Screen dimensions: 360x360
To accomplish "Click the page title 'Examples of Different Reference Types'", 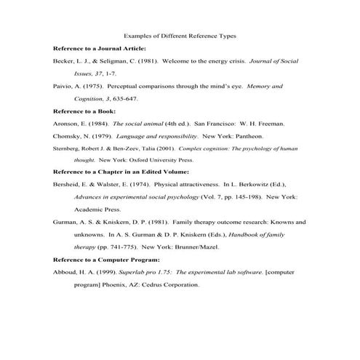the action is click(180, 35).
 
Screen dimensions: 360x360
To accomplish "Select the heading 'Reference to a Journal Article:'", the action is click(100, 48).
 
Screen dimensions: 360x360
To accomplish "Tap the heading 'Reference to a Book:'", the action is click(84, 111).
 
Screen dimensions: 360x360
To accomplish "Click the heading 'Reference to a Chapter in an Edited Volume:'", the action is click(121, 172).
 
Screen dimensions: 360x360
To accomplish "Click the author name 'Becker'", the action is click(63, 61).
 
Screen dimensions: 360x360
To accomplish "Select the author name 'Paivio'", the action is click(63, 87).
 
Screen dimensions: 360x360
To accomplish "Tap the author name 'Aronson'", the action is click(65, 124).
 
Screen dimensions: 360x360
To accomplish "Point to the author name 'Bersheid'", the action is click(67, 185).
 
